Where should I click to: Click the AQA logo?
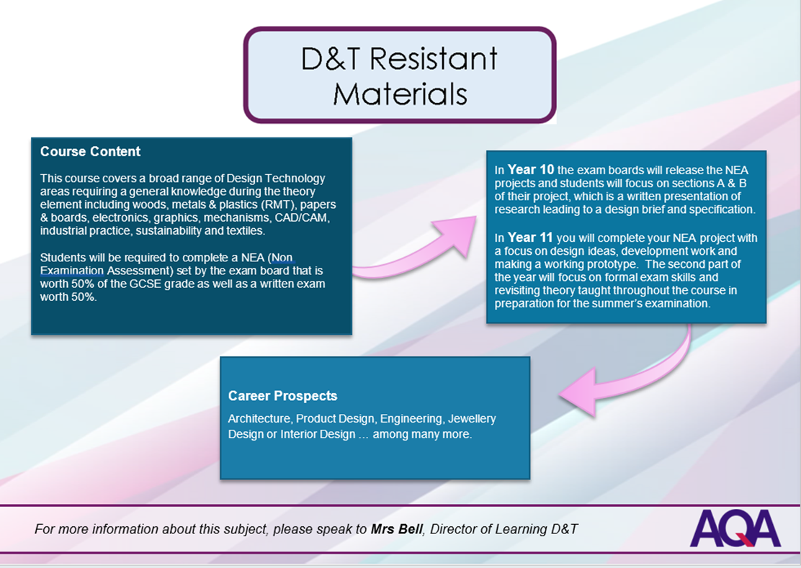[735, 528]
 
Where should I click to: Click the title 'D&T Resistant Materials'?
[400, 76]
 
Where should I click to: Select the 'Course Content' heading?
[91, 152]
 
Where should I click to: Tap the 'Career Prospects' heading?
[282, 396]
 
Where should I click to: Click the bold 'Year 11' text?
[530, 238]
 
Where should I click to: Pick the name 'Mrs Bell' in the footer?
[396, 529]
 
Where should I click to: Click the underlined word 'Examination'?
[72, 271]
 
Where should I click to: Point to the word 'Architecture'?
[260, 419]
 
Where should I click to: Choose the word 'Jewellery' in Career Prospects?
[472, 419]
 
